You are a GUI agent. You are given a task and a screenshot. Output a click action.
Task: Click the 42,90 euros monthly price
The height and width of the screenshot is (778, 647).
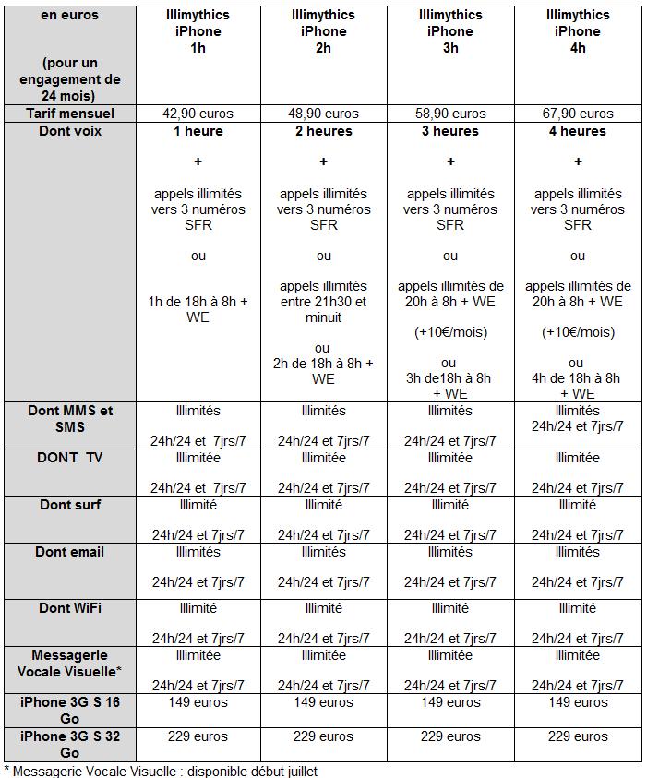pyautogui.click(x=198, y=114)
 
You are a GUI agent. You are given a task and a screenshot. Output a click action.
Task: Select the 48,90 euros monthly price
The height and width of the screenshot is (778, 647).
pyautogui.click(x=323, y=114)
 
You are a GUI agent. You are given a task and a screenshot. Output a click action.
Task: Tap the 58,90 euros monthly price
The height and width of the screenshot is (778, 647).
pyautogui.click(x=450, y=114)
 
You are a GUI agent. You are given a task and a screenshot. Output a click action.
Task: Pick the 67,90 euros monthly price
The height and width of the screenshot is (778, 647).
pyautogui.click(x=578, y=114)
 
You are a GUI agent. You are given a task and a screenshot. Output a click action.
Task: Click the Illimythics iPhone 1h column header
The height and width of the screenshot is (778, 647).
pyautogui.click(x=198, y=31)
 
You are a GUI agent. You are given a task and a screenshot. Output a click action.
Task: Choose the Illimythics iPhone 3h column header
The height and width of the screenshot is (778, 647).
pyautogui.click(x=450, y=31)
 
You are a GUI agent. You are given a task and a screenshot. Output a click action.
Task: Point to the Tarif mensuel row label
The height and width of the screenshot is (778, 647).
pyautogui.click(x=70, y=114)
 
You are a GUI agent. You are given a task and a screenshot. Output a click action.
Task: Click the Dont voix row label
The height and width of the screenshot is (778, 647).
pyautogui.click(x=70, y=131)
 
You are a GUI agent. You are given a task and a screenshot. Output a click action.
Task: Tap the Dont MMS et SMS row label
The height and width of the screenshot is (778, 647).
pyautogui.click(x=70, y=418)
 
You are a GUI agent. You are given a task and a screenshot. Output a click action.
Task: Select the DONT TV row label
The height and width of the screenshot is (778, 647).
pyautogui.click(x=70, y=458)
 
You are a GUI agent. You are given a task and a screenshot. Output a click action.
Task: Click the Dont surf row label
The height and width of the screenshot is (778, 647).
pyautogui.click(x=70, y=505)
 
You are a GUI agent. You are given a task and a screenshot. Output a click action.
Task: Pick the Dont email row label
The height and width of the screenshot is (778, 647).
pyautogui.click(x=70, y=552)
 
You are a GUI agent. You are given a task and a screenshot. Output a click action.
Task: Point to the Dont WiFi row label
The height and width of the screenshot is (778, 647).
pyautogui.click(x=70, y=608)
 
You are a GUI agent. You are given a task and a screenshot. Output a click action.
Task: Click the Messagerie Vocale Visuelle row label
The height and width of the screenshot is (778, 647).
pyautogui.click(x=70, y=663)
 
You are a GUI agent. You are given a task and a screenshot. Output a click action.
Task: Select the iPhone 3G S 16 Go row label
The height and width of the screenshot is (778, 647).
pyautogui.click(x=70, y=710)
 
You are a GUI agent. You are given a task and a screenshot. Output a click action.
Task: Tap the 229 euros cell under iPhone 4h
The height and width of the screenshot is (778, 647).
pyautogui.click(x=578, y=736)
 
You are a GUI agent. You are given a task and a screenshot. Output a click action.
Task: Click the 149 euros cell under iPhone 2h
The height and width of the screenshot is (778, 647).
pyautogui.click(x=323, y=702)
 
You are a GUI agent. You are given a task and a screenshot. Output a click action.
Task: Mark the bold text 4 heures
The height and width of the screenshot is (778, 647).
pyautogui.click(x=578, y=131)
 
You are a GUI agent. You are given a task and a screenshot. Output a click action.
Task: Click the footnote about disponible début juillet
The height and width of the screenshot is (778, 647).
pyautogui.click(x=162, y=771)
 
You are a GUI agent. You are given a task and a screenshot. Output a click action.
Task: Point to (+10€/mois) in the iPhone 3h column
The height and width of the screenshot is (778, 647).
pyautogui.click(x=450, y=332)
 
